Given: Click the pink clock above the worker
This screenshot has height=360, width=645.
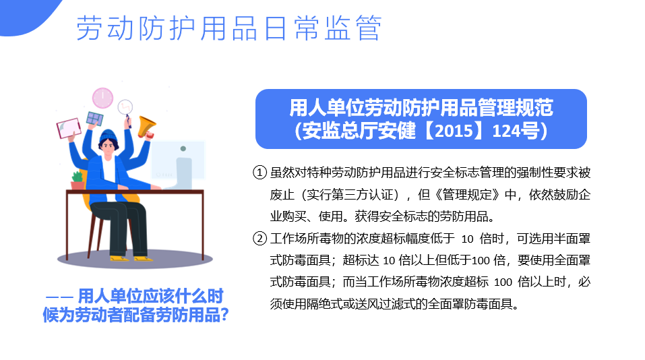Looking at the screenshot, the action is (102, 98).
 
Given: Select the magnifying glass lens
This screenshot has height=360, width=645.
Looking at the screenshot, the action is (125, 107).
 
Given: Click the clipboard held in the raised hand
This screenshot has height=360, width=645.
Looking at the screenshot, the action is (69, 128).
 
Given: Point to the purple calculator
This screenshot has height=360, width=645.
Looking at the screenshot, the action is (94, 119).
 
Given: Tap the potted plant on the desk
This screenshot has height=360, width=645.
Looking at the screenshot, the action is (78, 181).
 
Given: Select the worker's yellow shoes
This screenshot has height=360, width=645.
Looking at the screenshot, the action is (131, 258).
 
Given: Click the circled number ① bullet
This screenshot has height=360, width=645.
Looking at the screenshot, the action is (259, 173).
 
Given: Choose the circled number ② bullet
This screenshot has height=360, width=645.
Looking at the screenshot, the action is (259, 238).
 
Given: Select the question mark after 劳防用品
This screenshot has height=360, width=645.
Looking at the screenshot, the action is (224, 315).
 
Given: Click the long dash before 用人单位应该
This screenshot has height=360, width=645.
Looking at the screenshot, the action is (59, 297).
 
